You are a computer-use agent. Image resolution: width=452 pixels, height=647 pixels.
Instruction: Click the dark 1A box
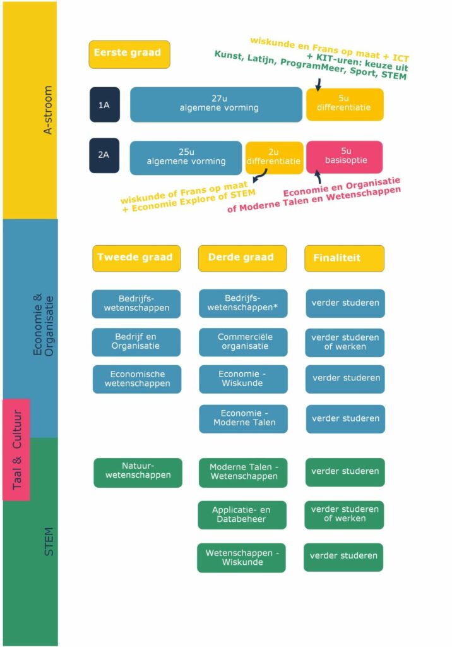tap(105, 105)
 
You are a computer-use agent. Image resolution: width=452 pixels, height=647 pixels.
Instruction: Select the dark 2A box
tap(104, 155)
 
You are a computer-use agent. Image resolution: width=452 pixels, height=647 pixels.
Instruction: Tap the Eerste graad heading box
tap(129, 54)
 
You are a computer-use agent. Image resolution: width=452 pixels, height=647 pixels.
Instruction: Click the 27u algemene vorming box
tap(216, 104)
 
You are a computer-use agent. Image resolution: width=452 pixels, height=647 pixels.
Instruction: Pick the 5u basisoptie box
tap(344, 157)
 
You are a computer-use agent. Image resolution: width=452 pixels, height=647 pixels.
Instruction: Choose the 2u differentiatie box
tap(274, 157)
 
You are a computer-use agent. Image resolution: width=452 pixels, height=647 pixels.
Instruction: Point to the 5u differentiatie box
tap(345, 104)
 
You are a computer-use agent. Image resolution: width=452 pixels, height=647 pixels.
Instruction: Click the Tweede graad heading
tap(136, 258)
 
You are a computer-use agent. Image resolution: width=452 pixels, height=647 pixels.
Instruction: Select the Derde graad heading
tap(242, 258)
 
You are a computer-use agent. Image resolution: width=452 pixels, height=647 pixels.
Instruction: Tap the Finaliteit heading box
tap(344, 258)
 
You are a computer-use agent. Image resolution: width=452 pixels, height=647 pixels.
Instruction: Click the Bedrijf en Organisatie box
tap(136, 342)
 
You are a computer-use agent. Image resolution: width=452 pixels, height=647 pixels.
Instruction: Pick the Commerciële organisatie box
tap(243, 342)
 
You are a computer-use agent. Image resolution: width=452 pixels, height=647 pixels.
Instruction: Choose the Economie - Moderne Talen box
tap(243, 419)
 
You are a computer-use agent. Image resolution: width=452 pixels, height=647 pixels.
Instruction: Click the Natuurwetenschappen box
tap(138, 473)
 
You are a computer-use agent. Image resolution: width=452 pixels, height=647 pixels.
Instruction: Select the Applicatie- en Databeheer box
tap(242, 515)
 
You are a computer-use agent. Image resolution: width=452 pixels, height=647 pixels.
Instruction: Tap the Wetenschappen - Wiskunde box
tap(241, 558)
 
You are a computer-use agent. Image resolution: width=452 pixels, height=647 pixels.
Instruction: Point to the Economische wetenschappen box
tap(137, 379)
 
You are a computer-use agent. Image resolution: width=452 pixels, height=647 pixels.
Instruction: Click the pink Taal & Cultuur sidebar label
tap(16, 450)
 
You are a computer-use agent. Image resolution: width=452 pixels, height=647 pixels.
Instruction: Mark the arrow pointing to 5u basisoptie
tap(318, 177)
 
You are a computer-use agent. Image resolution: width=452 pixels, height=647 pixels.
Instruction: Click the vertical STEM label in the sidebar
tap(49, 541)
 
